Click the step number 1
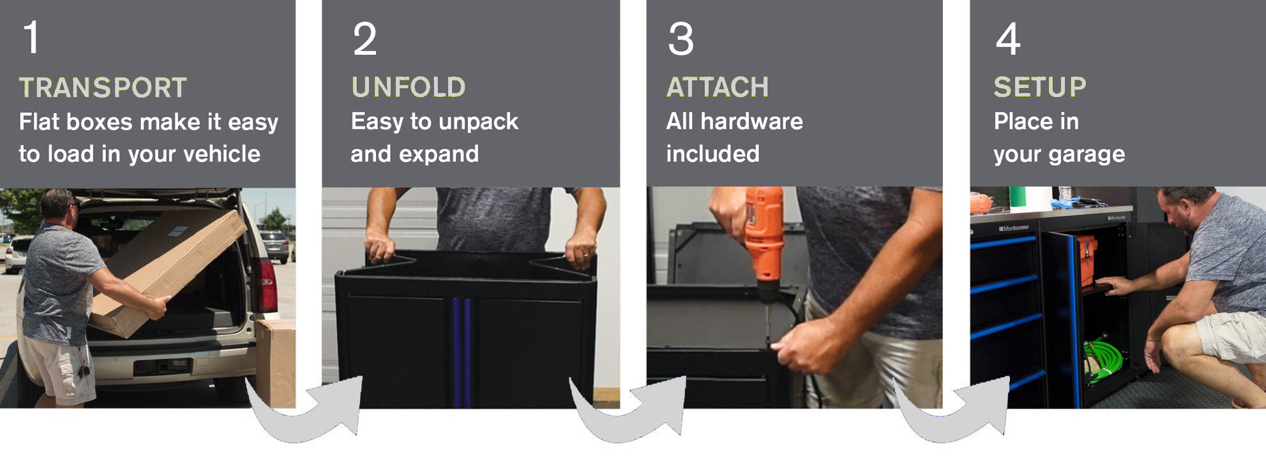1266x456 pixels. pos(31,38)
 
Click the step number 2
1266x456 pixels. pos(365,39)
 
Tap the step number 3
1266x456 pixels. pos(681,39)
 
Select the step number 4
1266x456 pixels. pos(1008,39)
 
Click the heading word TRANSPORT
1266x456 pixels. pos(103,87)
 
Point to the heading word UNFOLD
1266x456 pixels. pos(409,87)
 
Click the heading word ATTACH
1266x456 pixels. pos(718,87)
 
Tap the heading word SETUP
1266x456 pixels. pos(1040,87)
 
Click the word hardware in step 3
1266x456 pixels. pos(751,121)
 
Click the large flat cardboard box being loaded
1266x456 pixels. pos(167,273)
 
